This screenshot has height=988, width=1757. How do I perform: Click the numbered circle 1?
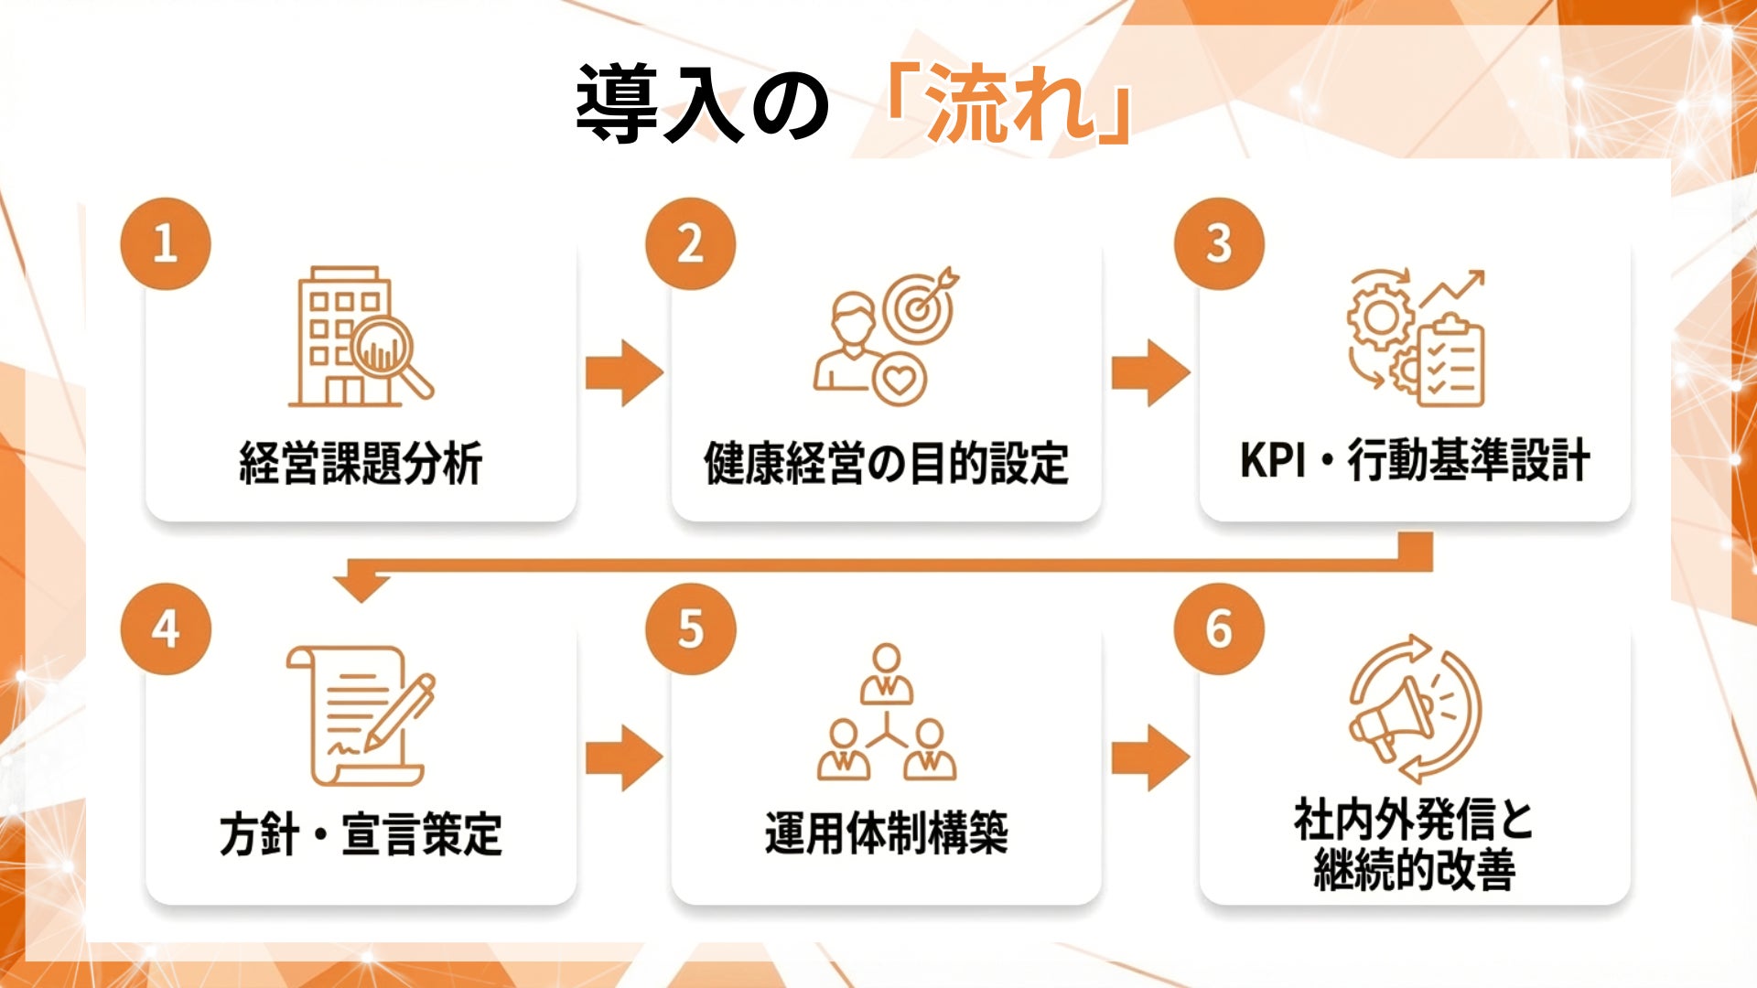166,244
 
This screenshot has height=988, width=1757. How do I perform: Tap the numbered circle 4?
166,629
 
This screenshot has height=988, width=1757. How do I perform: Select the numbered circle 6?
1219,629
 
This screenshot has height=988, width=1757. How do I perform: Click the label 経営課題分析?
361,463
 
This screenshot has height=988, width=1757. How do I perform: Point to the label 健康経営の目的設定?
886,463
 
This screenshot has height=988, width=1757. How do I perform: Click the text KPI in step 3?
1271,459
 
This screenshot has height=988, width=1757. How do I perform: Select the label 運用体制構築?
886,832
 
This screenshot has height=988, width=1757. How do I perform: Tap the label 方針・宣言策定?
361,834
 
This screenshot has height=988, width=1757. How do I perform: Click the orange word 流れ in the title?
1010,103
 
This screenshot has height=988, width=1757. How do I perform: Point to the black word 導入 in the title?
659,103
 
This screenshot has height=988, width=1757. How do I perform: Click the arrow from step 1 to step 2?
624,372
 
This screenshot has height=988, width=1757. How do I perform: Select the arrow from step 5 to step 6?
1150,757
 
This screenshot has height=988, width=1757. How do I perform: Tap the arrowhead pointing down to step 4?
361,586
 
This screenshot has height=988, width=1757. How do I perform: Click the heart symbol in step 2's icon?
899,379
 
